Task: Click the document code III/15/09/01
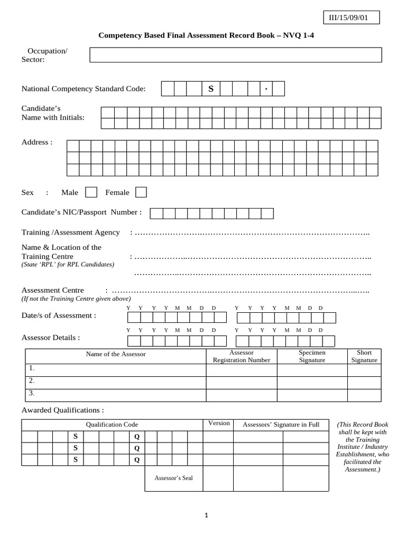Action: click(x=348, y=18)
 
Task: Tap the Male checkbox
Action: click(x=91, y=192)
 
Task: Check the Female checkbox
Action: click(x=141, y=192)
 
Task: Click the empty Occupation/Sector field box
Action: click(x=235, y=55)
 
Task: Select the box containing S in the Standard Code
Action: click(x=210, y=89)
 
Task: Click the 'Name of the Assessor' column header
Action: click(x=116, y=354)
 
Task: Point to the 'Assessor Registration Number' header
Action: click(x=241, y=356)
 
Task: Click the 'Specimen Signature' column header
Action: click(x=312, y=356)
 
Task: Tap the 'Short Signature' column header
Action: click(x=364, y=356)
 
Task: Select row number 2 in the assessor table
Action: click(x=32, y=381)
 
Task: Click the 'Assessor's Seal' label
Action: click(x=173, y=478)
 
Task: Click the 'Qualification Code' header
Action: click(x=112, y=424)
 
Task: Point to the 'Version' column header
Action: click(x=219, y=423)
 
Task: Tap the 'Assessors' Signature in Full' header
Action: click(x=281, y=424)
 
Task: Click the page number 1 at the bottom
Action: click(x=207, y=517)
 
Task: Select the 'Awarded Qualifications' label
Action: click(x=62, y=410)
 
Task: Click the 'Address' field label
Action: click(x=36, y=142)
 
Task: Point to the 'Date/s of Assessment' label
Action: click(x=59, y=315)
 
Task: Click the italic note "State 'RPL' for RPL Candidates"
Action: click(x=68, y=264)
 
